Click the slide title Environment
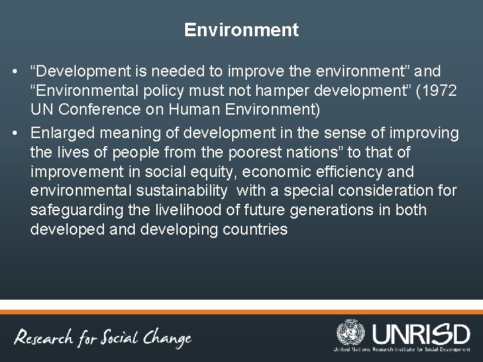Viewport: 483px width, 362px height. click(x=241, y=30)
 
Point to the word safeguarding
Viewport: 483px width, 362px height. click(x=76, y=210)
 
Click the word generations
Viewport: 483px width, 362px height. click(x=331, y=210)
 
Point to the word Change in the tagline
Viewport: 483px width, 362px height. click(x=167, y=338)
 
